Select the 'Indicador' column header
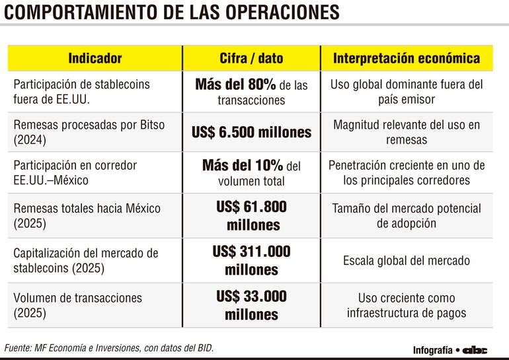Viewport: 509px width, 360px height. [95, 58]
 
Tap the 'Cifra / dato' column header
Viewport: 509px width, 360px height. [251, 58]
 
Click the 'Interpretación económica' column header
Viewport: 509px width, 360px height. [407, 58]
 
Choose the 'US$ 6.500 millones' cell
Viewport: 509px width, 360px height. [251, 132]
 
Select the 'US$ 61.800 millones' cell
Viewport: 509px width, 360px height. [251, 216]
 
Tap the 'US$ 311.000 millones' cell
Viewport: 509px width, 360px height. [251, 260]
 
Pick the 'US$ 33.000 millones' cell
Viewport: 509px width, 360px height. [251, 305]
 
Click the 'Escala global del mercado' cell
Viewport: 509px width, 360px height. [407, 261]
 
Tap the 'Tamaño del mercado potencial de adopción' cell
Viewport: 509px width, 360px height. [407, 216]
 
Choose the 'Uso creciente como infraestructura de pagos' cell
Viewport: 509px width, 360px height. [407, 305]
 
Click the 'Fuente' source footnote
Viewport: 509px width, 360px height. [109, 347]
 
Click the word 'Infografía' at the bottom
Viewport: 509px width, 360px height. [433, 350]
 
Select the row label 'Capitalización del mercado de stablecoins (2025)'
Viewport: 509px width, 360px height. [86, 260]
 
